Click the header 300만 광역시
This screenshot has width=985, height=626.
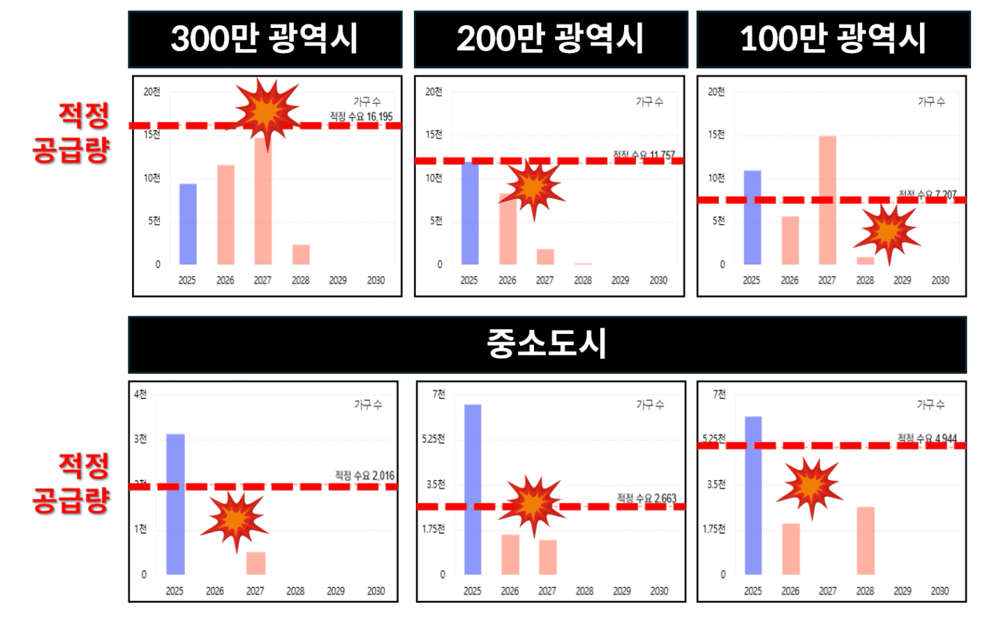point(265,39)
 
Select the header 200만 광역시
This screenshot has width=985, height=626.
point(550,39)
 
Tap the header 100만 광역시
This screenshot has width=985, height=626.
point(833,39)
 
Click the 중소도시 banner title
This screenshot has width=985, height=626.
point(547,344)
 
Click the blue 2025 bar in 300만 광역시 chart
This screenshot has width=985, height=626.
point(188,224)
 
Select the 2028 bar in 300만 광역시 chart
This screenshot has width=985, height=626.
point(301,254)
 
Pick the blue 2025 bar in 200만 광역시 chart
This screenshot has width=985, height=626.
point(471,214)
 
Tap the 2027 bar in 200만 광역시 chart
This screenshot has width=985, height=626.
point(545,256)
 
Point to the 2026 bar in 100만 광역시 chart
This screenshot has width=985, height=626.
point(790,240)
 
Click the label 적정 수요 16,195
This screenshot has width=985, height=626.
point(361,117)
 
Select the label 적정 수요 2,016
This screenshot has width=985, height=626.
point(364,476)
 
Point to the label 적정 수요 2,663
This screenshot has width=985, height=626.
point(646,498)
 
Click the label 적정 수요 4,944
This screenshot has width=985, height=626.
point(927,439)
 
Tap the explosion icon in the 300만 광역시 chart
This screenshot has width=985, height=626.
point(267,112)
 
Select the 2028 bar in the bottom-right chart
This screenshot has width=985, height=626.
point(866,541)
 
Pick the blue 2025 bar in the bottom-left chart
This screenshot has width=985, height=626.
point(175,504)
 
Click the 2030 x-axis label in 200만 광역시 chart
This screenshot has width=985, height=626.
point(658,280)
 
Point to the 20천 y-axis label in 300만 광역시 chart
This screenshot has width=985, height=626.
point(151,92)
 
